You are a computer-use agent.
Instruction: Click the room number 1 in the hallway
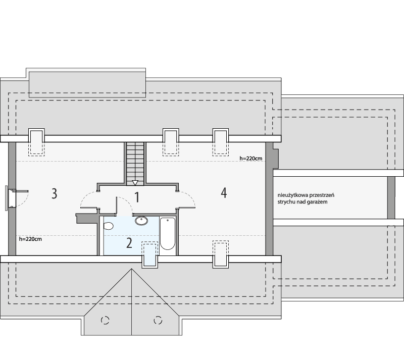pyautogui.click(x=135, y=196)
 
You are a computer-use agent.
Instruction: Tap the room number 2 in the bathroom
pyautogui.click(x=129, y=243)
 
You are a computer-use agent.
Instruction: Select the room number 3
pyautogui.click(x=54, y=193)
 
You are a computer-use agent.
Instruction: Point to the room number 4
pyautogui.click(x=223, y=192)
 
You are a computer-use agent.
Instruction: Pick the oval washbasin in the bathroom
pyautogui.click(x=141, y=221)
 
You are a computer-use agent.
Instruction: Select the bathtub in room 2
pyautogui.click(x=168, y=234)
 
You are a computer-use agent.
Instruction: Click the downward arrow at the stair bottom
pyautogui.click(x=135, y=183)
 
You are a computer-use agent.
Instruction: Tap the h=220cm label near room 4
pyautogui.click(x=250, y=158)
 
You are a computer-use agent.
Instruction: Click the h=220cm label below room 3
pyautogui.click(x=30, y=239)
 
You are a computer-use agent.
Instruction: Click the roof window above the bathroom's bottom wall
pyautogui.click(x=149, y=253)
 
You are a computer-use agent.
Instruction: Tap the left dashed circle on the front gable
pyautogui.click(x=106, y=320)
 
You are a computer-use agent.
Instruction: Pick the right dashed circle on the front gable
pyautogui.click(x=158, y=320)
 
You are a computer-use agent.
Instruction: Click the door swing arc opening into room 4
pyautogui.click(x=187, y=198)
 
